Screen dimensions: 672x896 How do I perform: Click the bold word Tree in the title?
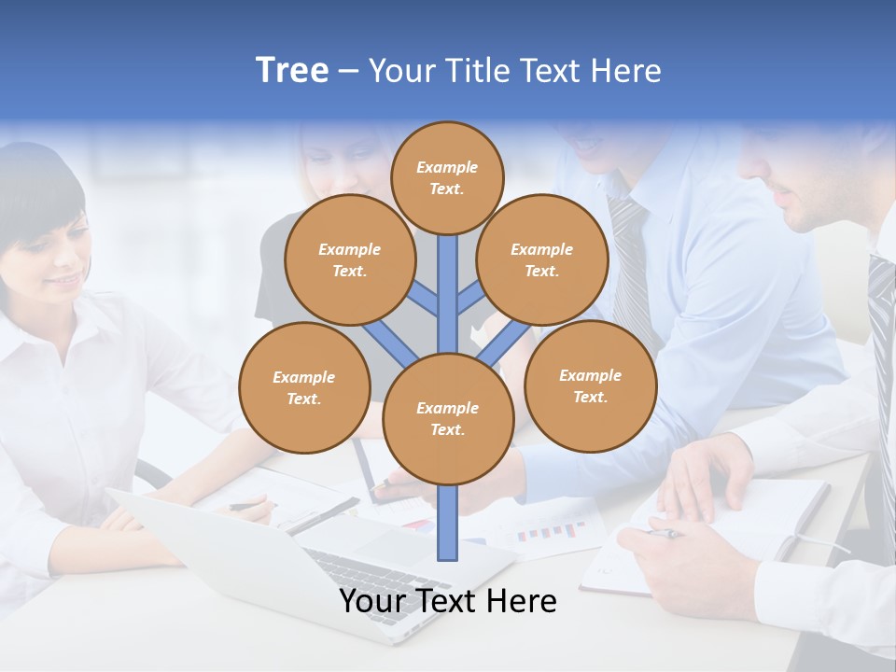click(292, 71)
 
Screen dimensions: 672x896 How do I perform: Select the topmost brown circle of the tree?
click(447, 177)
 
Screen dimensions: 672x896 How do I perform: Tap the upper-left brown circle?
click(349, 260)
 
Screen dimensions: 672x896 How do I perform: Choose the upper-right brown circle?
click(542, 260)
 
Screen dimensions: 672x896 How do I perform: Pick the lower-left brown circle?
click(304, 387)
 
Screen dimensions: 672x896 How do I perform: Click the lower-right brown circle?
click(590, 385)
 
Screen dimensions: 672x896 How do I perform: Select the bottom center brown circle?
click(448, 419)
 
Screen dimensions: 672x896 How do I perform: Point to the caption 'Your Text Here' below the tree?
click(448, 601)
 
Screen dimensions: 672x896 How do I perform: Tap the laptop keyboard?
click(373, 579)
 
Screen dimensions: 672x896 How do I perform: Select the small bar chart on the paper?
click(551, 532)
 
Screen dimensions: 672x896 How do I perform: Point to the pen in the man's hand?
click(665, 534)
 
